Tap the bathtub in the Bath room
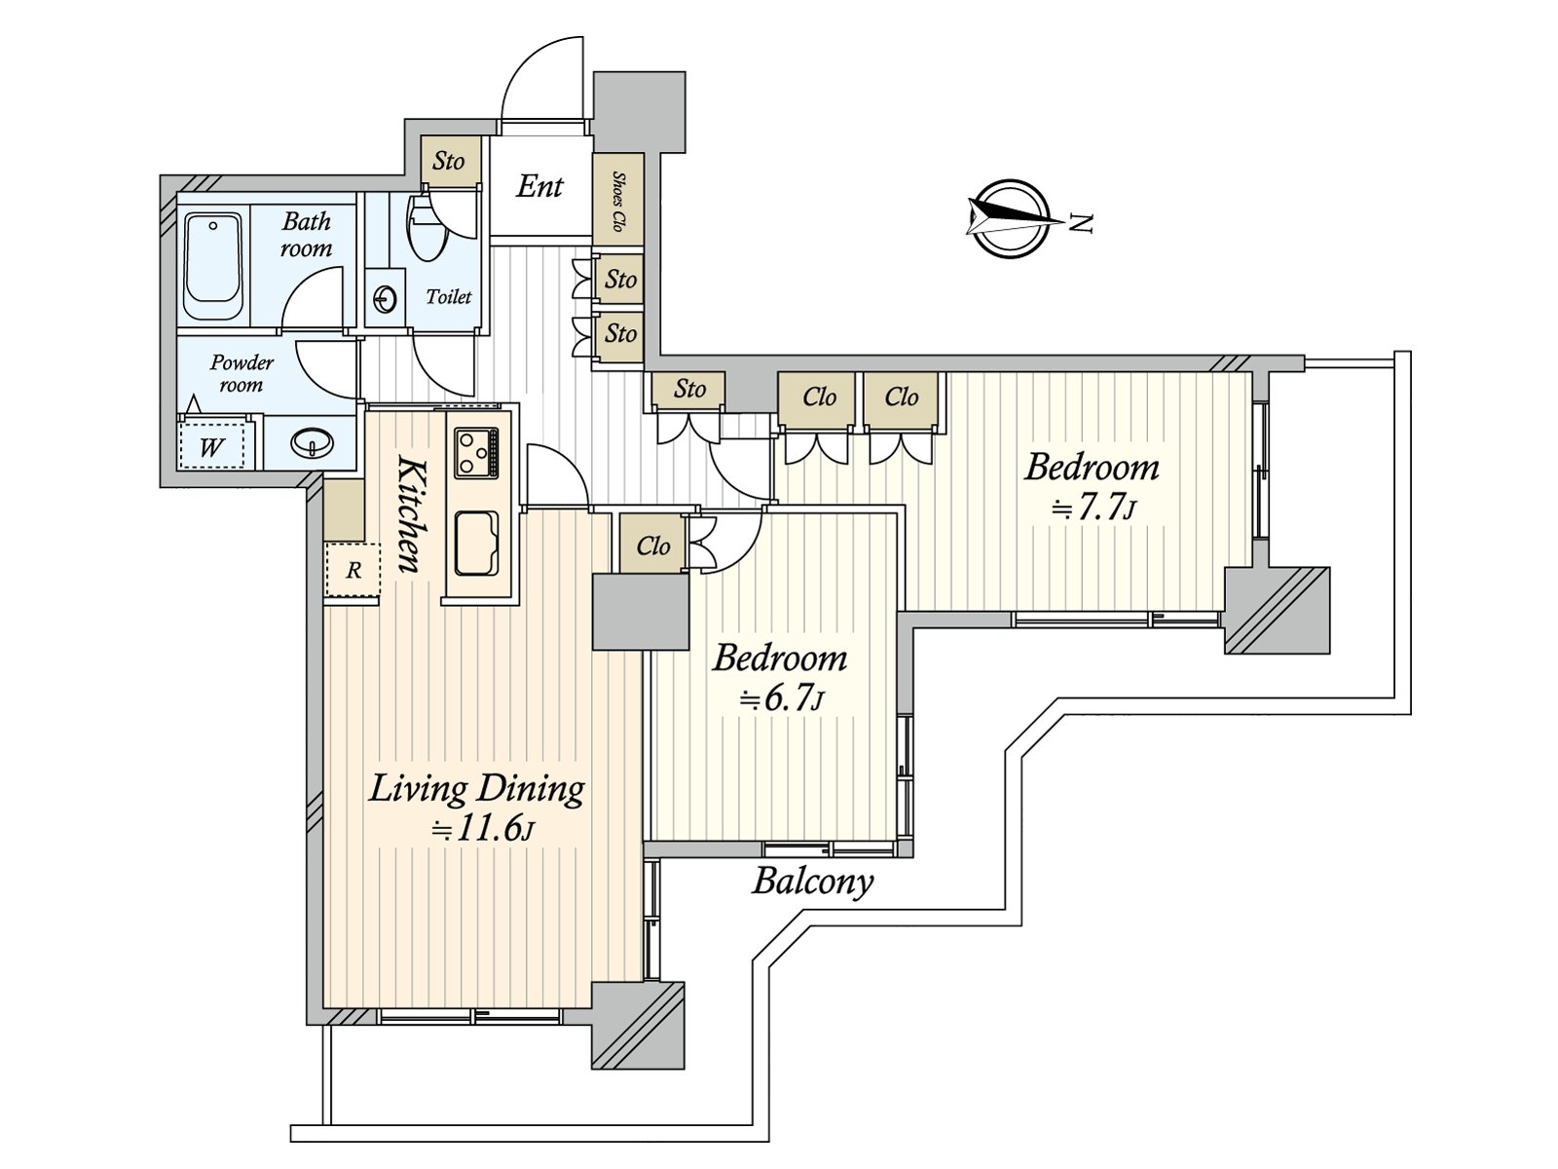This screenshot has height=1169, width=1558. [x=212, y=265]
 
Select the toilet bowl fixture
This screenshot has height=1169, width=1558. [x=425, y=230]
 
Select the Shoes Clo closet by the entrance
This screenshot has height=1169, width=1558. [x=617, y=201]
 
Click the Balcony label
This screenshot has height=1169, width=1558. [x=812, y=883]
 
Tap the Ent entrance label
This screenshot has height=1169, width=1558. [x=539, y=186]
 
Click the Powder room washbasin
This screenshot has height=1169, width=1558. [x=311, y=444]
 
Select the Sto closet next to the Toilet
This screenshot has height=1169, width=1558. [x=449, y=161]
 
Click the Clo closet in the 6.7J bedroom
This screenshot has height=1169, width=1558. [x=652, y=547]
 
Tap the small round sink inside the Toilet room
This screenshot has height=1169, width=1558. [x=384, y=299]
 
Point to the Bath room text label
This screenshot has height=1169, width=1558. [x=306, y=235]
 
